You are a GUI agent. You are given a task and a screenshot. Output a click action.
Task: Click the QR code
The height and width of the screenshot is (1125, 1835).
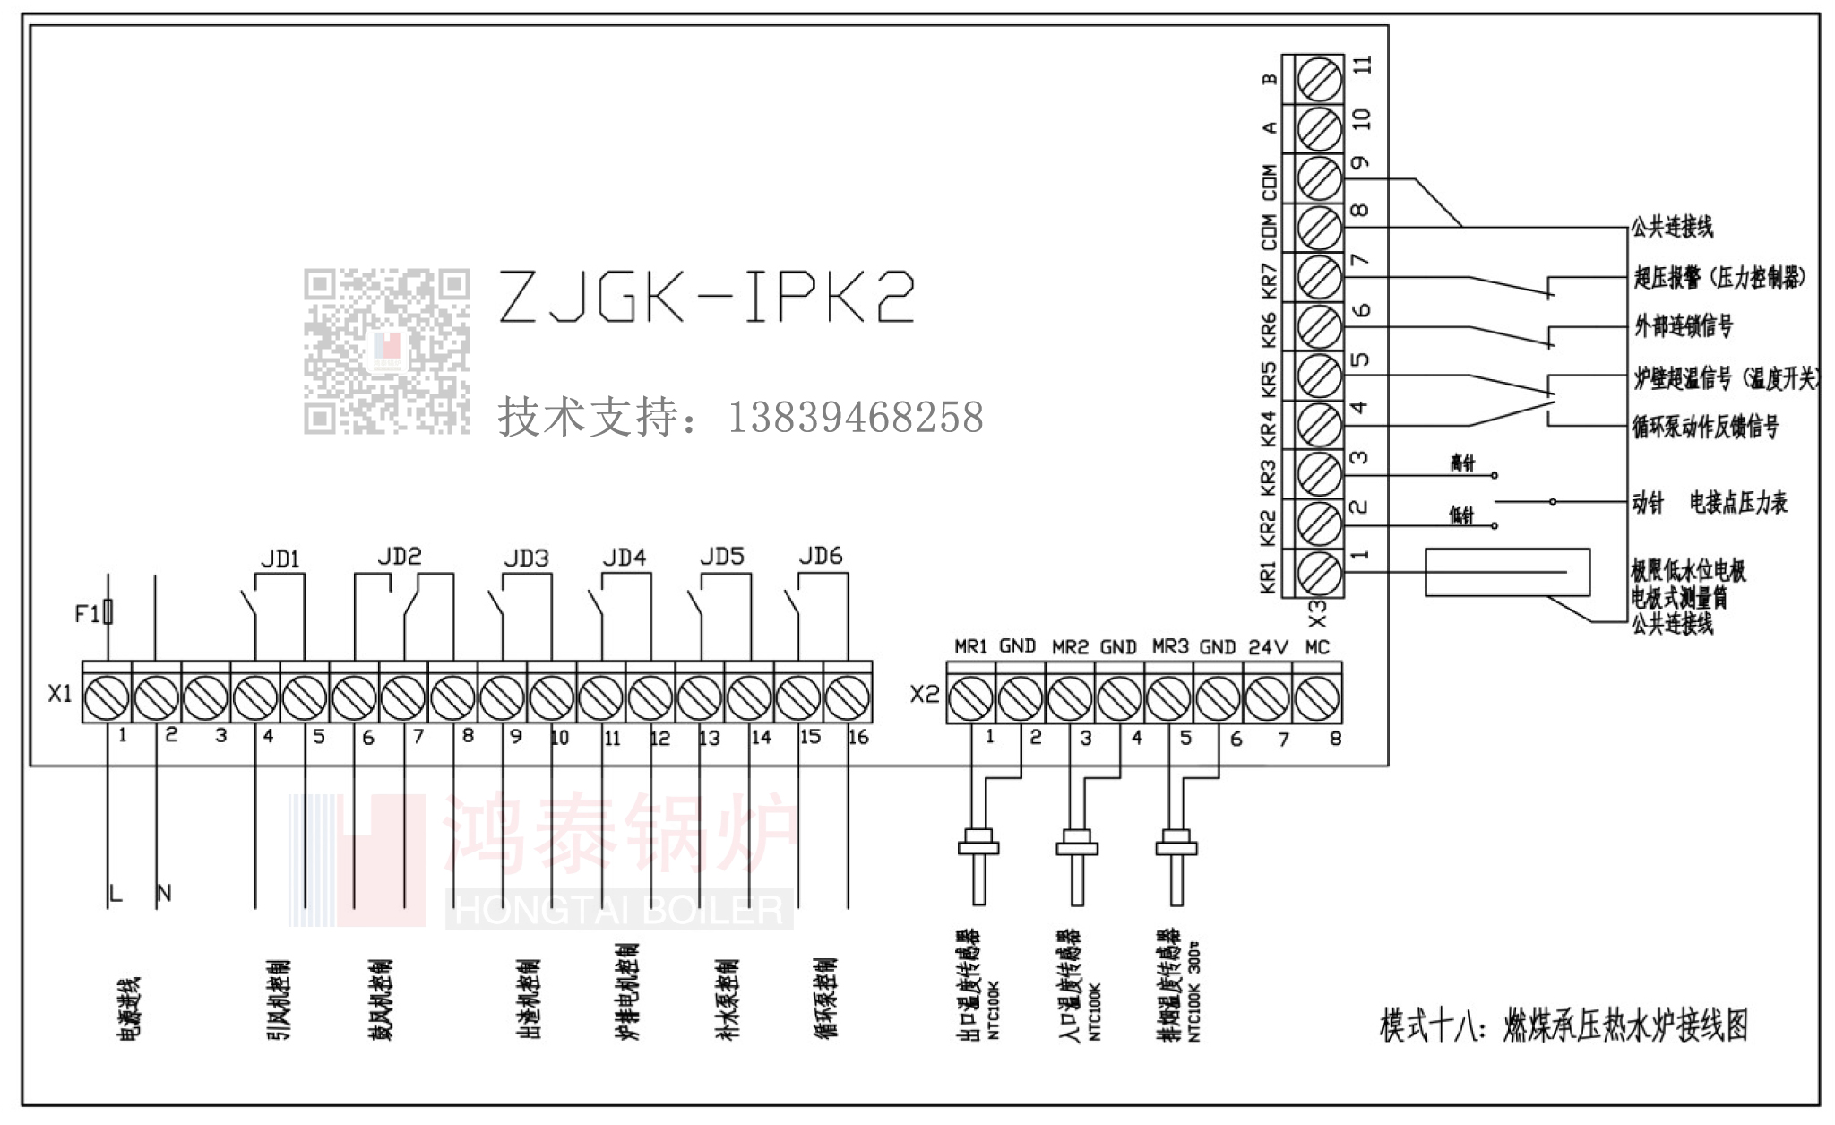tap(386, 351)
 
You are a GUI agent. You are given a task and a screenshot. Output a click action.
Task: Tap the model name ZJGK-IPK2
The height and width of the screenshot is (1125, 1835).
tap(706, 297)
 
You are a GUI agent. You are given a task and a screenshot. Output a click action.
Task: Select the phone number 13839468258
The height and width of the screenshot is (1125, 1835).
tap(856, 418)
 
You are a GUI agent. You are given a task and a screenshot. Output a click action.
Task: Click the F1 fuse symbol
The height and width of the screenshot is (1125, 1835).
tap(108, 612)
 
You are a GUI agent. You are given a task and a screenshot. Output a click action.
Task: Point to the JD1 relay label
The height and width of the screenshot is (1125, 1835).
tap(280, 559)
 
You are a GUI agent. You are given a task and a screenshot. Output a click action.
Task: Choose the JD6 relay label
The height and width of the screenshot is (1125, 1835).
tap(821, 557)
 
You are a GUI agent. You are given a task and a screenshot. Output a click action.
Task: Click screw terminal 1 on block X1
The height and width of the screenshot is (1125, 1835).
tap(107, 697)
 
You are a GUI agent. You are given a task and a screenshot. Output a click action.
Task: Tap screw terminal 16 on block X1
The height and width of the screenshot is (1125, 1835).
tap(847, 697)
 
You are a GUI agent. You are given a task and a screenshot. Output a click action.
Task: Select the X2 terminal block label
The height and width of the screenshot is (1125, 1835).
tap(925, 694)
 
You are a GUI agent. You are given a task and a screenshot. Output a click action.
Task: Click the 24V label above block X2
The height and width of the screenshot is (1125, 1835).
tap(1268, 647)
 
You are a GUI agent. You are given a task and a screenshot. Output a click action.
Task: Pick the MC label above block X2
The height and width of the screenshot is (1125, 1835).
tap(1317, 647)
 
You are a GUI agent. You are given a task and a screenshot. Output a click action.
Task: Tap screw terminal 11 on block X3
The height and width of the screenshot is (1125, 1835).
tap(1319, 81)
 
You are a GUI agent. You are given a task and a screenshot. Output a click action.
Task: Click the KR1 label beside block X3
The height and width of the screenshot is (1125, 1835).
tap(1268, 576)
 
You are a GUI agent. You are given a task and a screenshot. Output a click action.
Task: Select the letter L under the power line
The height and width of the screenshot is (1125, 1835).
tap(115, 893)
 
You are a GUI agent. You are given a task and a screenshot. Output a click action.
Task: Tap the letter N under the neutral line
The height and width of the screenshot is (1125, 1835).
tap(164, 893)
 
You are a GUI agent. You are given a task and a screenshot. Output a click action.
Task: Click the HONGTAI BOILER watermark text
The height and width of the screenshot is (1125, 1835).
tap(618, 910)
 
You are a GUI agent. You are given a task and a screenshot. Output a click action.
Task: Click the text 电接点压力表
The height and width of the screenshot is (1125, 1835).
tap(1737, 503)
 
